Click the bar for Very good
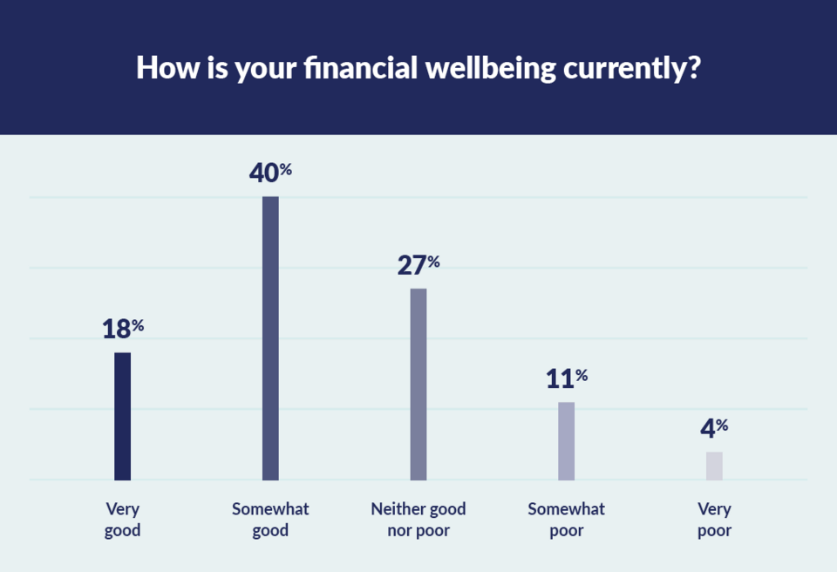[x=122, y=416]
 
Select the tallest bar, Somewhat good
[x=270, y=338]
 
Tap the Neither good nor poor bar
[x=418, y=384]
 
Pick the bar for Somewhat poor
[x=567, y=440]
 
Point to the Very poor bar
[x=714, y=466]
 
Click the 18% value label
[x=122, y=330]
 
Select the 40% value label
[x=270, y=173]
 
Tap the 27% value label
[x=418, y=265]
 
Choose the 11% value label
[x=567, y=378]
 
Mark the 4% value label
[x=714, y=428]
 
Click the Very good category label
[x=122, y=520]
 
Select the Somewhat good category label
[x=270, y=520]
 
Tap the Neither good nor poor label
[x=418, y=520]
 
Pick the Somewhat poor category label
[x=567, y=520]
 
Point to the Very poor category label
[x=714, y=520]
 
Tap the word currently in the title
[x=623, y=69]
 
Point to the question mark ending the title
[x=693, y=67]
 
